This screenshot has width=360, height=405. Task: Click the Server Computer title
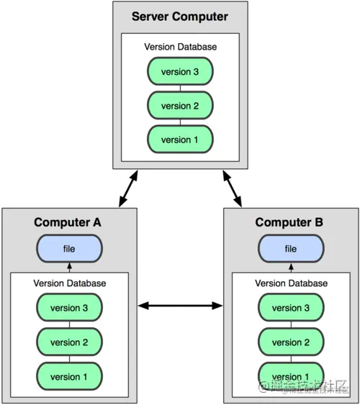[180, 17]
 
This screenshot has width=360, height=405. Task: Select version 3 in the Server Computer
[180, 71]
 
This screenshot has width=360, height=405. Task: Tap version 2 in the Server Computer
[180, 106]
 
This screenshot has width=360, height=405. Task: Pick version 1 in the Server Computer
[180, 140]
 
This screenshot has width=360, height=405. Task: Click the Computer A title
[68, 222]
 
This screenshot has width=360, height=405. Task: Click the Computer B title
[290, 222]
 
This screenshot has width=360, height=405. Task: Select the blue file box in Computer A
[68, 249]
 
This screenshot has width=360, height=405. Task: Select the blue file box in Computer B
[291, 249]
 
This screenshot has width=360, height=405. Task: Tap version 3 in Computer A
[69, 308]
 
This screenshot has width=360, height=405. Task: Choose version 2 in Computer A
[69, 342]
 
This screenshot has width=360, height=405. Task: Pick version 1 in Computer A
[69, 376]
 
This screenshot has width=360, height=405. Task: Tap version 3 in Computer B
[291, 308]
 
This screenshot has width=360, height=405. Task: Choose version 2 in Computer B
[291, 342]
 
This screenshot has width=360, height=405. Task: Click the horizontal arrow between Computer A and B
[180, 306]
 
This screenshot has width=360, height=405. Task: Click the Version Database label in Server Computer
[180, 47]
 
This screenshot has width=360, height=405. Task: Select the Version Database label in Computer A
[69, 283]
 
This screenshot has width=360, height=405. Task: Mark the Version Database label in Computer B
[291, 283]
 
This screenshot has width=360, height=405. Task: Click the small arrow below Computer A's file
[69, 268]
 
